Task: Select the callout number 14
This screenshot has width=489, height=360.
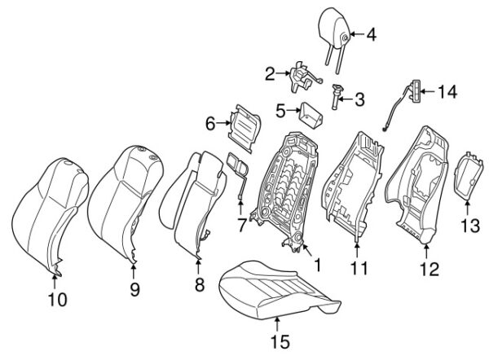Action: coord(447,94)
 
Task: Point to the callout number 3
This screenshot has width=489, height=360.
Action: coord(359,100)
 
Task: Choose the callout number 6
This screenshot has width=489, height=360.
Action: coord(209,124)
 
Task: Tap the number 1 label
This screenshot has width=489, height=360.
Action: coord(317,264)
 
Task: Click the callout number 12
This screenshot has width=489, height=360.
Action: coord(429,268)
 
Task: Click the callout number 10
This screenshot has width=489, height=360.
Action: coord(56,301)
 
